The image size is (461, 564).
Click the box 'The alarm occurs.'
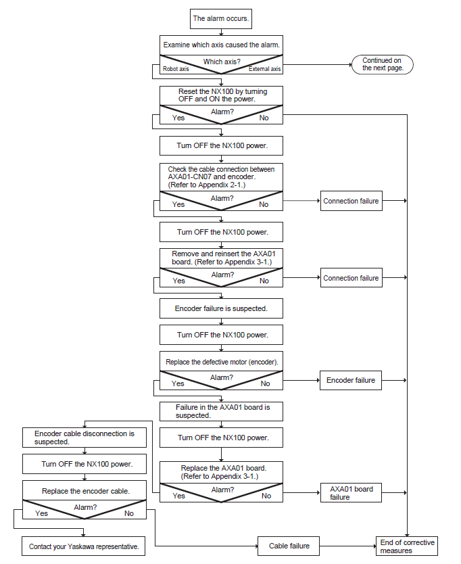pyautogui.click(x=221, y=19)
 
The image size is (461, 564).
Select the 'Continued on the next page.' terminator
pyautogui.click(x=382, y=64)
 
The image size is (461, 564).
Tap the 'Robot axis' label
pyautogui.click(x=176, y=69)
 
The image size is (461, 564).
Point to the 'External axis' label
pyautogui.click(x=265, y=69)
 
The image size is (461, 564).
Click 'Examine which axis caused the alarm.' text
pyautogui.click(x=221, y=45)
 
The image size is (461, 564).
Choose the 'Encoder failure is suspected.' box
pyautogui.click(x=221, y=308)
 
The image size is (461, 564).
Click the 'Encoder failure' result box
pyautogui.click(x=351, y=380)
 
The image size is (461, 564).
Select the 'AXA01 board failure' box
pyautogui.click(x=351, y=493)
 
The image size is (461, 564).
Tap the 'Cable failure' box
pyautogui.click(x=289, y=546)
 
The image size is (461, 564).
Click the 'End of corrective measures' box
pyautogui.click(x=407, y=546)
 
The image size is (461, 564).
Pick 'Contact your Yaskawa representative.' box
pyautogui.click(x=83, y=546)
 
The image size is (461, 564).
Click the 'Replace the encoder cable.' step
pyautogui.click(x=86, y=491)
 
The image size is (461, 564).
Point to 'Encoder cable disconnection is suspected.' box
pyautogui.click(x=84, y=438)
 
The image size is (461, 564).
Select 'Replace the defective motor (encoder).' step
pyautogui.click(x=222, y=362)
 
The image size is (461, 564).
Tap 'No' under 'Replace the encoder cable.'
pyautogui.click(x=128, y=513)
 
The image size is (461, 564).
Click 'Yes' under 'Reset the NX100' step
pyautogui.click(x=178, y=118)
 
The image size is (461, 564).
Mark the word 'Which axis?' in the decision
pyautogui.click(x=222, y=62)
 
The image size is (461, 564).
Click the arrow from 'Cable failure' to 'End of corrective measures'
pyautogui.click(x=348, y=546)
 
